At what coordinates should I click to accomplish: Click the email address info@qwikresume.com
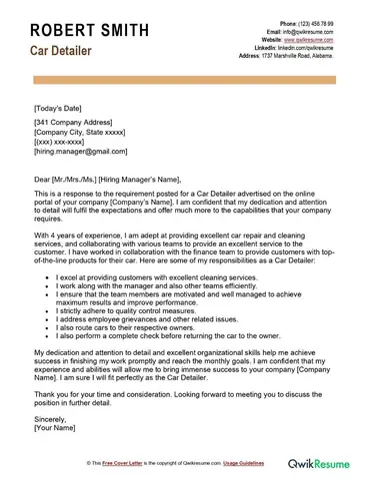[305, 31]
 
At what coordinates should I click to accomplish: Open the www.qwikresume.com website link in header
[304, 39]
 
